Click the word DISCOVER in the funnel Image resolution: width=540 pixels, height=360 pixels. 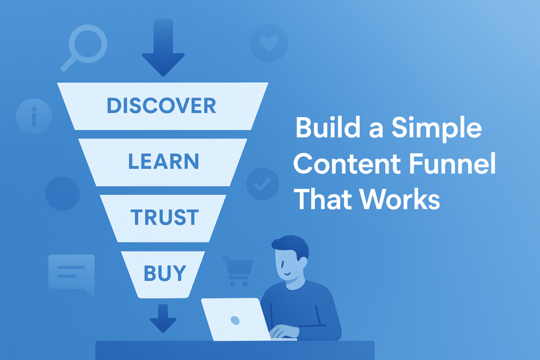(161, 105)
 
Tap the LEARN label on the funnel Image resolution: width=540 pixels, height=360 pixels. (163, 161)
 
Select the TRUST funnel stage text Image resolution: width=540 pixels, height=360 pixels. (165, 217)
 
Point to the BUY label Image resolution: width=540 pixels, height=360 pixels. (165, 273)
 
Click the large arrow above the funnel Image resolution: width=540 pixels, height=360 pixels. (163, 47)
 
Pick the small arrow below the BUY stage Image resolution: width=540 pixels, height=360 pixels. (163, 318)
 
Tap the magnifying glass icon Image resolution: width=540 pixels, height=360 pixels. (84, 48)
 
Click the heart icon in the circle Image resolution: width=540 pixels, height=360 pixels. (268, 43)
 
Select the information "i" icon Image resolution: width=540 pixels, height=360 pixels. (34, 116)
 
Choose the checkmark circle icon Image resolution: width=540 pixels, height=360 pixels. (263, 184)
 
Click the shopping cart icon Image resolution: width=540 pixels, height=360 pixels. (238, 271)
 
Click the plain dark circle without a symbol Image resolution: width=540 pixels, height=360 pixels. (63, 193)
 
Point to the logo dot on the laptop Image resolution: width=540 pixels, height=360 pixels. (235, 320)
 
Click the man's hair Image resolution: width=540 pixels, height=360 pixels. (291, 245)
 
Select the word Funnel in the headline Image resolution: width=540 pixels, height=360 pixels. (453, 163)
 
